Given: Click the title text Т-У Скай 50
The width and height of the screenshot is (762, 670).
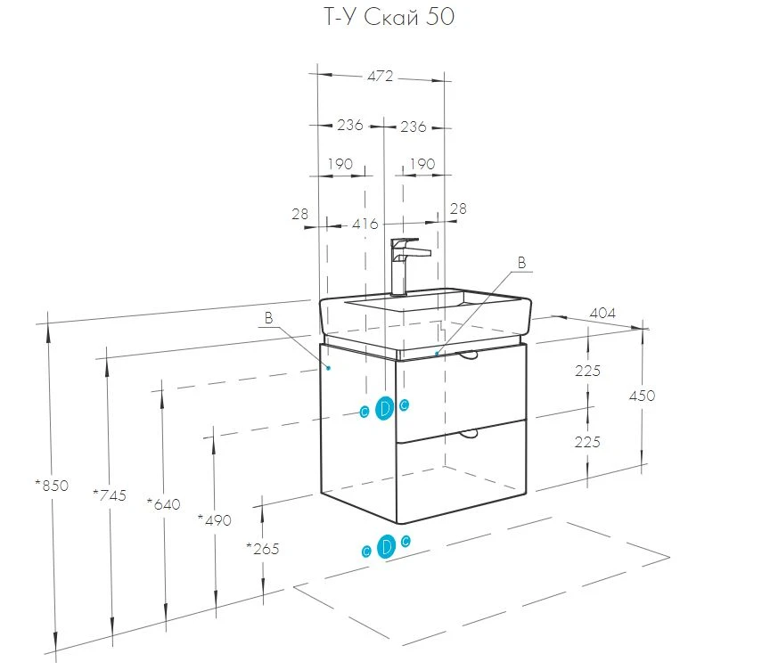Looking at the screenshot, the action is tap(389, 17).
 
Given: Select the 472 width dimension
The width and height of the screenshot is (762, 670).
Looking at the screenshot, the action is tap(380, 77).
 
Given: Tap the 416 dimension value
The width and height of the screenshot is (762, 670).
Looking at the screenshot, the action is tap(365, 224).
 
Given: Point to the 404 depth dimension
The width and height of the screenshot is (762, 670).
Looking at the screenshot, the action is tap(602, 314).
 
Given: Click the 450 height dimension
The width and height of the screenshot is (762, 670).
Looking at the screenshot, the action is tap(642, 396).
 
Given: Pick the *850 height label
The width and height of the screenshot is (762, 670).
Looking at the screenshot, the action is tap(52, 485).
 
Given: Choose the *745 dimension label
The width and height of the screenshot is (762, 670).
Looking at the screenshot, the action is tap(110, 495).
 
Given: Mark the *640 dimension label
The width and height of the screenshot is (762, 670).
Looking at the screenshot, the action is tap(163, 503).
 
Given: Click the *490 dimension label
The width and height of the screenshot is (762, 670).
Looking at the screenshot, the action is tap(214, 520).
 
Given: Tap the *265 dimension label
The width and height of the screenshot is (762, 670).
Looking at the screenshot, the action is tap(262, 549).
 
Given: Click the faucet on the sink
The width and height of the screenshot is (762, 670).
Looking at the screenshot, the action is tap(407, 266).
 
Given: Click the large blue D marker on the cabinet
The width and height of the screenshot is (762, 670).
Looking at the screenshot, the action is tap(384, 408).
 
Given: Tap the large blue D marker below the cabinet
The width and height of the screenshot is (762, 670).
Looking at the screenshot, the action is tap(386, 546).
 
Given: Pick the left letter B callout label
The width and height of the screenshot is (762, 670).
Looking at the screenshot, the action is tap(269, 318).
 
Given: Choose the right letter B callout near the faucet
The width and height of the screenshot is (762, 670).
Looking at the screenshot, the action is tap(521, 263).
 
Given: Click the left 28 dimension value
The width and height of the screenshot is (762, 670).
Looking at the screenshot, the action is tap(299, 214).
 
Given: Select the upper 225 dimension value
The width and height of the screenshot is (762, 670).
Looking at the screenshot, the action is tap(587, 372).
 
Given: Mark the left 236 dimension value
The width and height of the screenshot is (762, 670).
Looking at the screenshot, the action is tap(350, 125).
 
